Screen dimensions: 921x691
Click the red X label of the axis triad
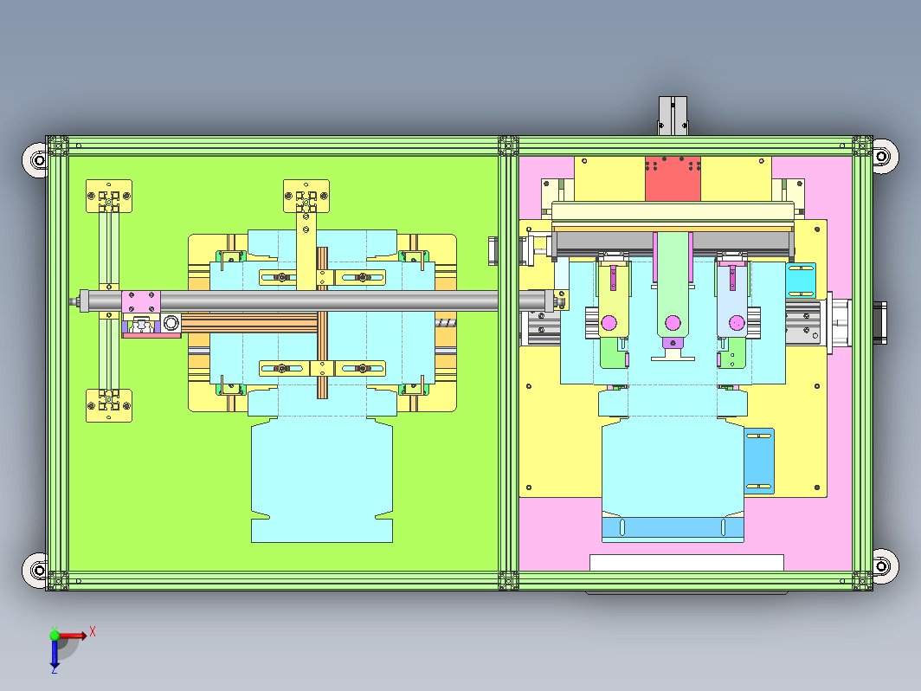tap(93, 632)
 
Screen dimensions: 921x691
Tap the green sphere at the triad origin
tap(55, 636)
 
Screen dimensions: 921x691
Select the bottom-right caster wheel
tap(884, 566)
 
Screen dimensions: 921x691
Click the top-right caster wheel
tap(884, 156)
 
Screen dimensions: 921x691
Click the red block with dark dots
tap(673, 178)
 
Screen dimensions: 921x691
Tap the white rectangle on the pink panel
tap(686, 562)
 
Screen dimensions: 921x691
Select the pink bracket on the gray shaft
tap(141, 302)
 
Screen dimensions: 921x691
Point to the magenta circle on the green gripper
tap(673, 323)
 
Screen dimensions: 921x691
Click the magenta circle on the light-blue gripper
tap(737, 323)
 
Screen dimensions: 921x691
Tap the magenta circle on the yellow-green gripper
tap(609, 323)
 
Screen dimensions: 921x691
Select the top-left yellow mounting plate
tap(109, 197)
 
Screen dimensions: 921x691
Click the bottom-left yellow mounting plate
tap(109, 405)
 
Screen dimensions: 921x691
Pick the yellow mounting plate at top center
tap(306, 197)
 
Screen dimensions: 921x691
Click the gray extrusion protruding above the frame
tap(673, 116)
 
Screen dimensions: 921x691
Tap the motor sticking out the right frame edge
tap(879, 323)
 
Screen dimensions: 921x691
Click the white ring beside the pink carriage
tap(171, 323)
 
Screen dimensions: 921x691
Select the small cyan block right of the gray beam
tap(801, 281)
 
